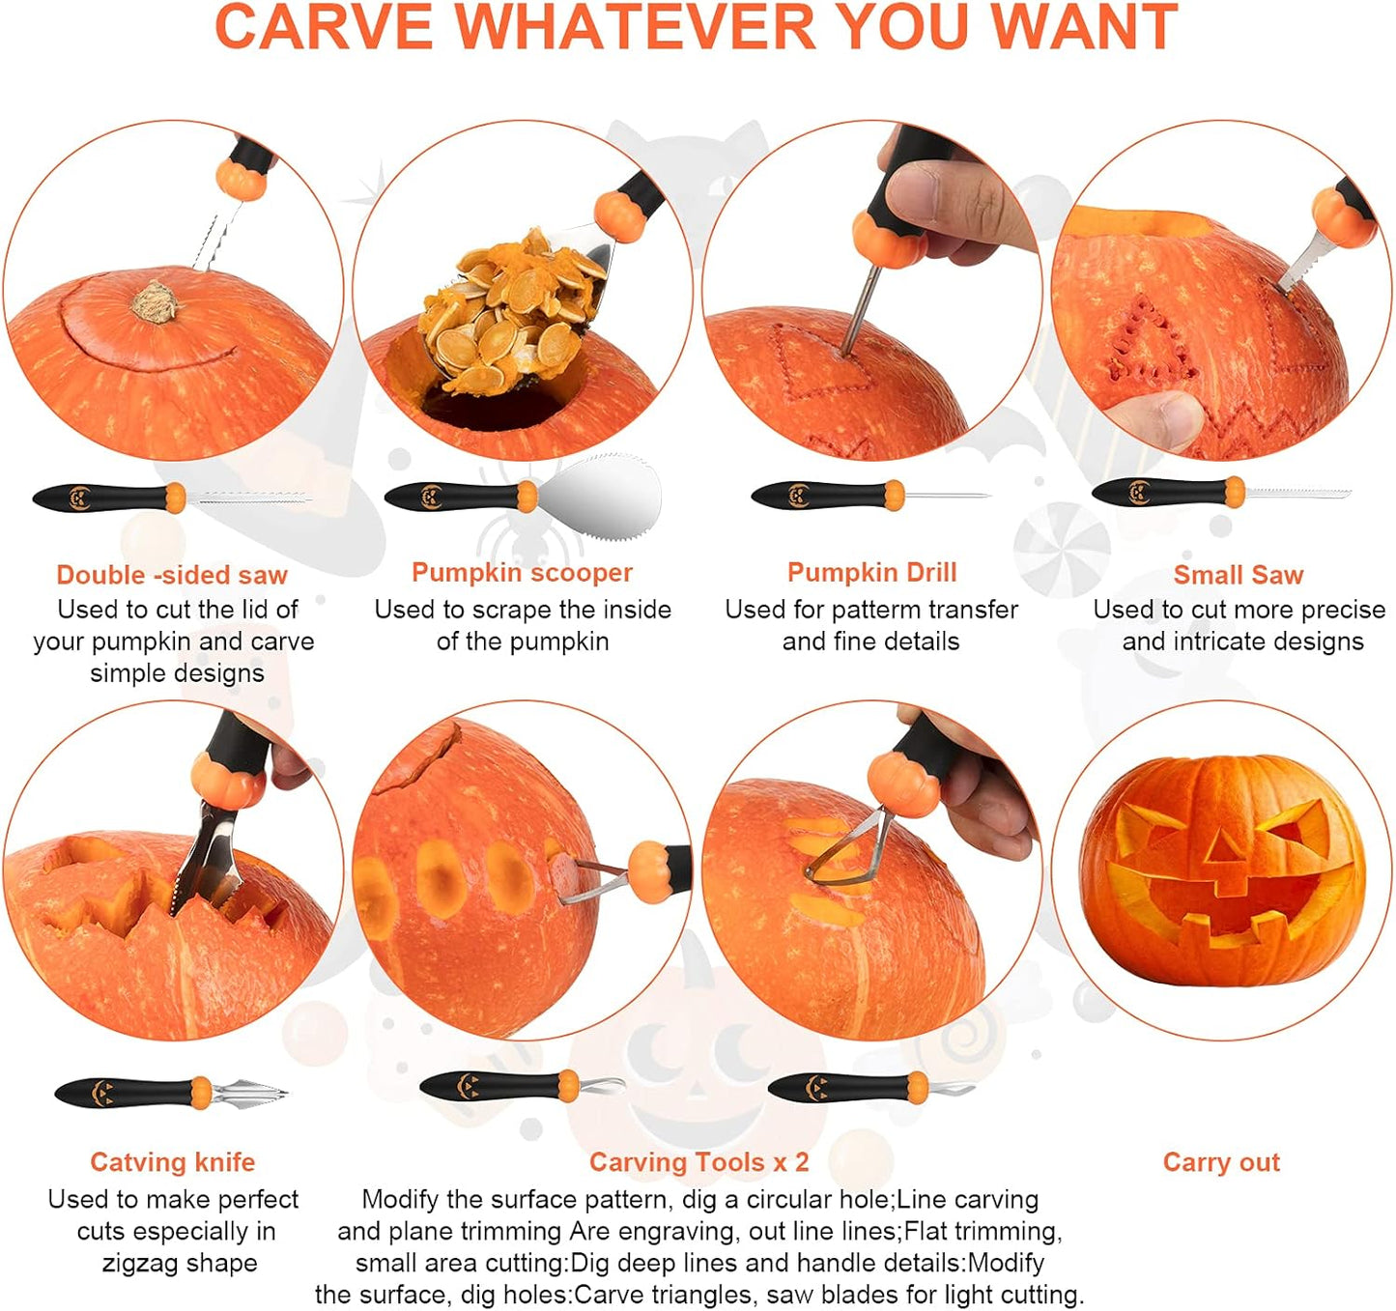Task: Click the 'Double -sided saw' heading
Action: [172, 575]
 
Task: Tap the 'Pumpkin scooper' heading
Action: [522, 572]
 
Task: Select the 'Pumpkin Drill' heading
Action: [871, 572]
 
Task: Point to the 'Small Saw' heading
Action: [1238, 575]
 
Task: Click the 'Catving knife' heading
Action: [172, 1161]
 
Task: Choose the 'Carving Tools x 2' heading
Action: [698, 1161]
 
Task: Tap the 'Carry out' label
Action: [1221, 1161]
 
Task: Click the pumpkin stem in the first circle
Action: [155, 301]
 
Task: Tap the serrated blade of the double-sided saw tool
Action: [247, 499]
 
